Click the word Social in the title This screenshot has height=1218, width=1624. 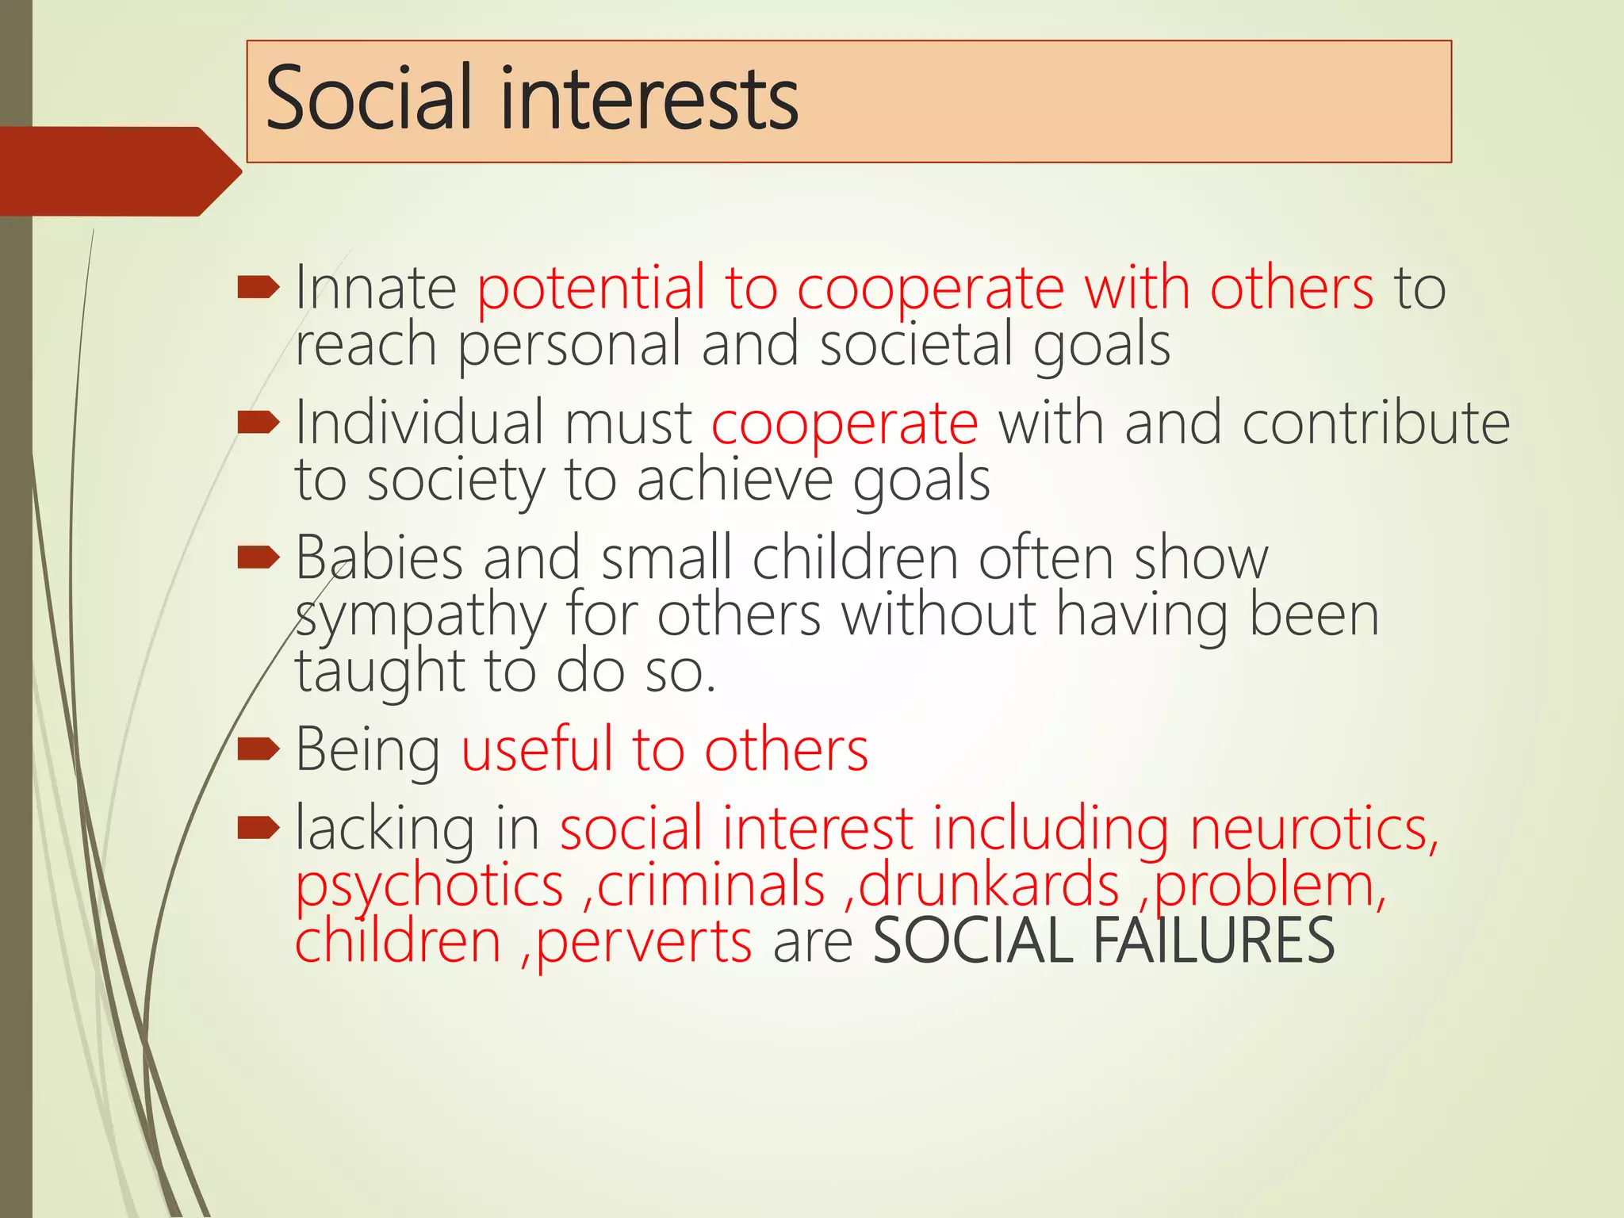pyautogui.click(x=370, y=99)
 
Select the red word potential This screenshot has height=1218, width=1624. pyautogui.click(x=591, y=289)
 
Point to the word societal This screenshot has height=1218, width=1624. pyautogui.click(x=916, y=344)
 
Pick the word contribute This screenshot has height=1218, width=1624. pyautogui.click(x=1375, y=423)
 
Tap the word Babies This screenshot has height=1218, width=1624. pyautogui.click(x=379, y=557)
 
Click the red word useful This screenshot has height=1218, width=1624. pyautogui.click(x=537, y=749)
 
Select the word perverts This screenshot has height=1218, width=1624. pyautogui.click(x=644, y=942)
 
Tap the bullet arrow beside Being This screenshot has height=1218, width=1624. pyautogui.click(x=259, y=748)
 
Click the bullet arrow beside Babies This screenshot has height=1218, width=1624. pyautogui.click(x=259, y=557)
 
